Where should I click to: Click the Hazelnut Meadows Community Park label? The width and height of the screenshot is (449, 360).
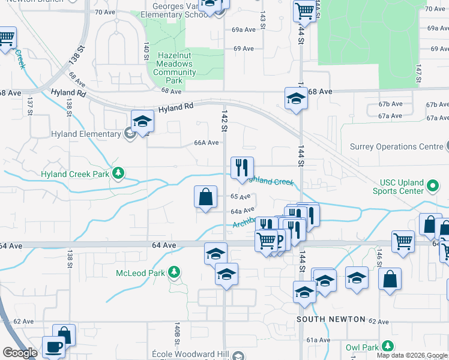(x=174, y=68)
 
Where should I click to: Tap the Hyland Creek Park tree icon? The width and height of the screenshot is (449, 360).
(x=119, y=174)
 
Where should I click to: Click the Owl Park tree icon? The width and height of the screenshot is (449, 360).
(x=388, y=346)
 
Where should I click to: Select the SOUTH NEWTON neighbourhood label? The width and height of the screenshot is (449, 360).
(x=331, y=319)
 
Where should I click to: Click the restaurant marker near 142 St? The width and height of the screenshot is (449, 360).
(x=242, y=167)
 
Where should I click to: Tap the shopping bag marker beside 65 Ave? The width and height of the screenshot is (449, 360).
(x=205, y=196)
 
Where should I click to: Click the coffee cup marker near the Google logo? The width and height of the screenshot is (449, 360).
(x=53, y=347)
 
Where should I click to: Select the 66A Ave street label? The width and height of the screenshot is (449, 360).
(x=206, y=143)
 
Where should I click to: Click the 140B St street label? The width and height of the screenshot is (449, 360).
(x=178, y=329)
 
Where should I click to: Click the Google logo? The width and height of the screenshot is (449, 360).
(x=20, y=353)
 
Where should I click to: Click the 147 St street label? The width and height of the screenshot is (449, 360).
(x=418, y=73)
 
